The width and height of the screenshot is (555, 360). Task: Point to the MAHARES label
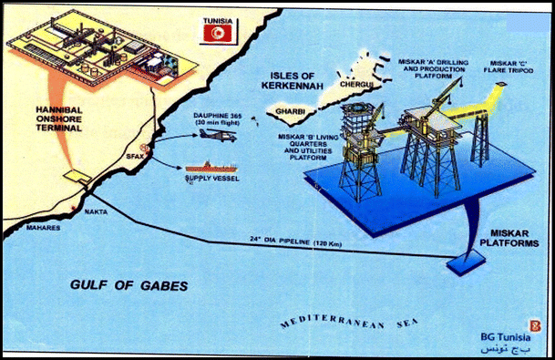pyautogui.click(x=43, y=227)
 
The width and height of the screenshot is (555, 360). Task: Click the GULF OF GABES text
pyautogui.click(x=129, y=285)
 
